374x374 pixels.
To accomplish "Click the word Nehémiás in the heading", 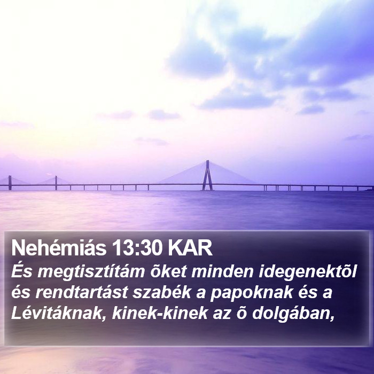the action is tap(59, 247).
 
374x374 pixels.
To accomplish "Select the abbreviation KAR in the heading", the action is tap(190, 247).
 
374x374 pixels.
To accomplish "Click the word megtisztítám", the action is tap(91, 272).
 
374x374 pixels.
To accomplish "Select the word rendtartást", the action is tap(82, 292).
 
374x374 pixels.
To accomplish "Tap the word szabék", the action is tap(162, 292).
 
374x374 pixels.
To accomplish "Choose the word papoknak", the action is tap(252, 293).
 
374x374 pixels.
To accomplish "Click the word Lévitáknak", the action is tap(57, 313).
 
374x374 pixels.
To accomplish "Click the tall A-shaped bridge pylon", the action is tap(207, 175).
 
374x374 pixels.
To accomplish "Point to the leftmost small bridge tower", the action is tap(10, 183).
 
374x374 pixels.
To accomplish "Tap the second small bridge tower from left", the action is tap(56, 183).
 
